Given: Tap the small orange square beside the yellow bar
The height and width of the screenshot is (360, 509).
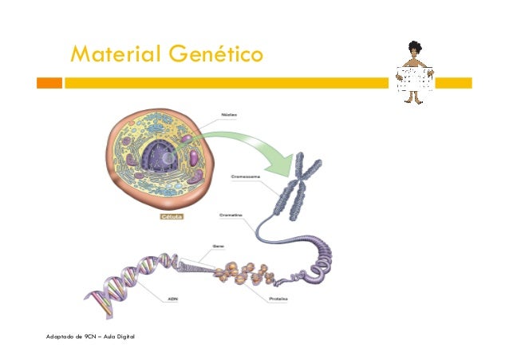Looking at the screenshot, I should point(51,83).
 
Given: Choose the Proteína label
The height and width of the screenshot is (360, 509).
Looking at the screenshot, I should point(278,299).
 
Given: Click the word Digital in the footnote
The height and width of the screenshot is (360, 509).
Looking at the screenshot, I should point(124,338).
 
